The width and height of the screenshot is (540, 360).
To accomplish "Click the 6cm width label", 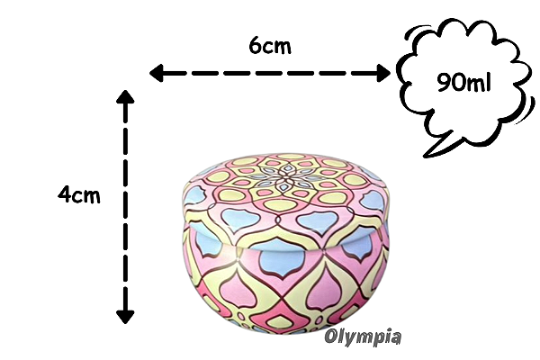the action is coord(270,45).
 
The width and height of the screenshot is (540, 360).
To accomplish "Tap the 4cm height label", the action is coord(79,194).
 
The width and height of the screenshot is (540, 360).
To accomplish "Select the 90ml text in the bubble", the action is coord(463,82).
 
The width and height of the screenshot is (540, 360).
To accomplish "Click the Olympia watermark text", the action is coord(363,336).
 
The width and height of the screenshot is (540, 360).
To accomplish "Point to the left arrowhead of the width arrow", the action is coord(156,73).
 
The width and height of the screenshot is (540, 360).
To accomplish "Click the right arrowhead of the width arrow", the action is coord(383,73).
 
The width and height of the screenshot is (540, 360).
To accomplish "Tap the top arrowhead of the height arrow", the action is coord(125,96).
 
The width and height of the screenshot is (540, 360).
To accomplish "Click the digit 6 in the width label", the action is coord(255,45).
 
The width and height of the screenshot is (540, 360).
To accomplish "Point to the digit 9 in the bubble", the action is coord(445,82).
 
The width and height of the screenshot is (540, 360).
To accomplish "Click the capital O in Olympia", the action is coord(330,336).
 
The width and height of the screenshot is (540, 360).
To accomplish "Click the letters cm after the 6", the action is coord(276,48).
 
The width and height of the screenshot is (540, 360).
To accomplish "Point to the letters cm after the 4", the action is coord(86,196).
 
